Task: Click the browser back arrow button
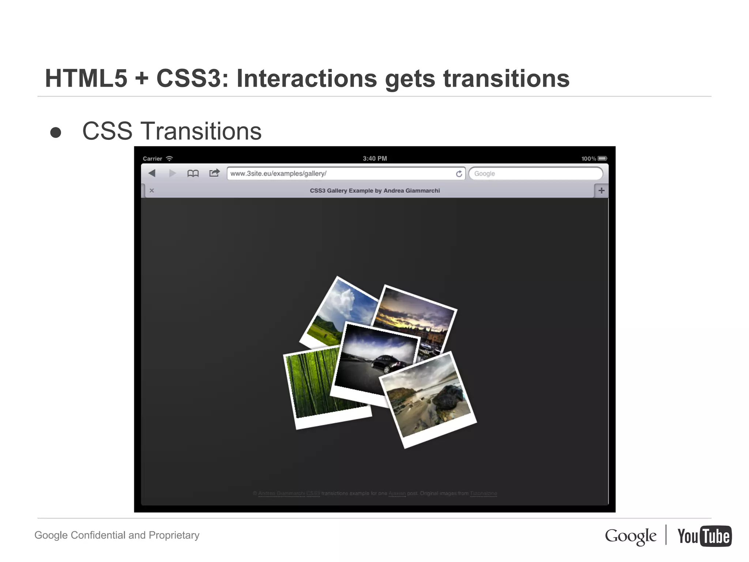coord(152,173)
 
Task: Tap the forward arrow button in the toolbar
coord(172,173)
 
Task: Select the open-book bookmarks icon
coord(193,173)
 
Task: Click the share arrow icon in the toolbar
coord(214,173)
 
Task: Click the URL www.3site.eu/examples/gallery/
coord(278,173)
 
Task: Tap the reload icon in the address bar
coord(459,174)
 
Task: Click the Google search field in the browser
coord(535,173)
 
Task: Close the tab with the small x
coord(152,191)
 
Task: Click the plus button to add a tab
coord(601,191)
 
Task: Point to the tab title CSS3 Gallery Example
coord(374,191)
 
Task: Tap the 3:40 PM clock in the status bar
coord(374,158)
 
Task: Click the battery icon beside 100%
coord(602,158)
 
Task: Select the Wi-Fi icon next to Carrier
coord(169,158)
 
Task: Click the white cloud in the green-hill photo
coord(342,300)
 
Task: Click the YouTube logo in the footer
coord(704,536)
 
